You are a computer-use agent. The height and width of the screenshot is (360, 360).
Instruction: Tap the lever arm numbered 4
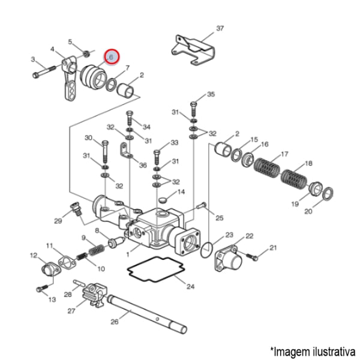(70, 78)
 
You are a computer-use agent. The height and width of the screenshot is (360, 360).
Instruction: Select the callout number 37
(220, 28)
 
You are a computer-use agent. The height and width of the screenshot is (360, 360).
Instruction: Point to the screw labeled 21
(255, 257)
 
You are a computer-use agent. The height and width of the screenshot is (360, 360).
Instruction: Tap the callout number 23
(229, 235)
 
